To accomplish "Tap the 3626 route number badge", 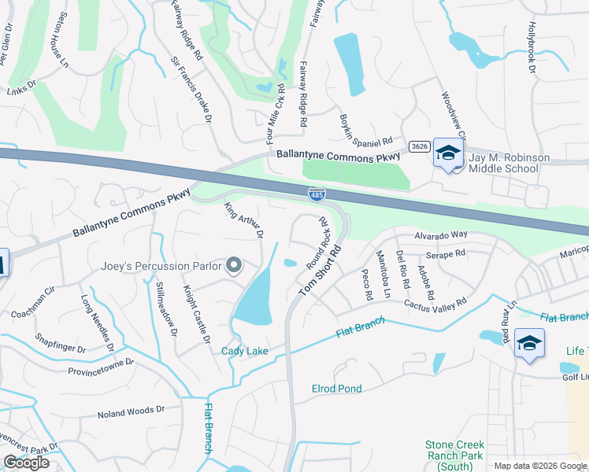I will tap(420, 146).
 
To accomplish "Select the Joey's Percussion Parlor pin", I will tap(233, 266).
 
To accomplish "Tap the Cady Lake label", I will tap(244, 351).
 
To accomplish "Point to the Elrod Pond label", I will tap(336, 389).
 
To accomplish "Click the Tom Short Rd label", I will tap(322, 270).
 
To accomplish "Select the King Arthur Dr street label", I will tap(243, 221).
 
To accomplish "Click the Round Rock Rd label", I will tap(318, 244).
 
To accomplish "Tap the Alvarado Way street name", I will tap(442, 234).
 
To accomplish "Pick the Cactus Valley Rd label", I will tap(435, 303).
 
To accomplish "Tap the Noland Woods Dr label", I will tap(131, 411).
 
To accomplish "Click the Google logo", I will tap(26, 463).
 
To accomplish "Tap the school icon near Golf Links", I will tap(528, 344).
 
